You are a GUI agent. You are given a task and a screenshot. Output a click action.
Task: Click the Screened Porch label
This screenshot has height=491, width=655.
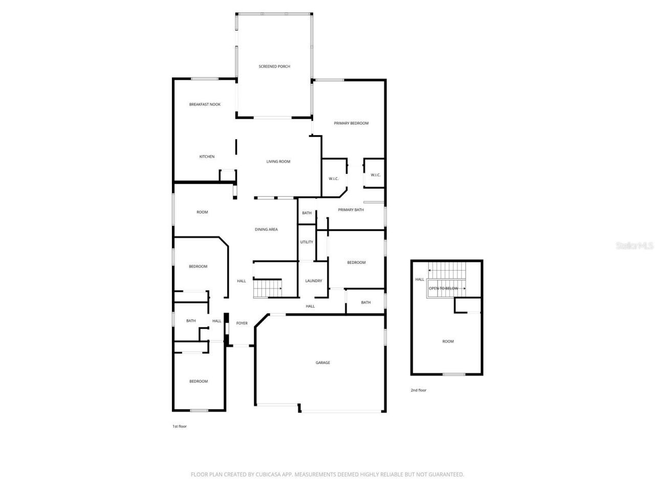[x=274, y=66]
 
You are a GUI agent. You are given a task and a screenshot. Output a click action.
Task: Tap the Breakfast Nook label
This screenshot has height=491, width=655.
[x=205, y=104]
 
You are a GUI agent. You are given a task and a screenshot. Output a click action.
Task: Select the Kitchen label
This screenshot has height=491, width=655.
[x=207, y=157]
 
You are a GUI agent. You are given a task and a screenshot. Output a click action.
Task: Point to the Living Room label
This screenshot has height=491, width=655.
[x=278, y=162]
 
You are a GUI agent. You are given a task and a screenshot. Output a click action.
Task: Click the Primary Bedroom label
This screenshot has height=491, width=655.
[x=351, y=123]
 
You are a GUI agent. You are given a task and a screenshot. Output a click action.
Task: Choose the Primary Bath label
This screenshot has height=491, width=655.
[x=351, y=210]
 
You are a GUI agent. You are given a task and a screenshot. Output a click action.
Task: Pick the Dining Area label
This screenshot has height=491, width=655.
[x=266, y=230]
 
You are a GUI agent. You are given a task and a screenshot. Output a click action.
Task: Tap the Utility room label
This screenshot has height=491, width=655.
[x=307, y=242]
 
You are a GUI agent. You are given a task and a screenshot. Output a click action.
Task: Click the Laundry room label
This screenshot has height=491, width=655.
[x=314, y=281]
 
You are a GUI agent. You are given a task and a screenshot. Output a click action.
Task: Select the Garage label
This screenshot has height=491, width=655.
[x=322, y=363]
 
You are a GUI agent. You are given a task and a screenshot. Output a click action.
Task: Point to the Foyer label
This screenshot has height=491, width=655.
[x=242, y=323]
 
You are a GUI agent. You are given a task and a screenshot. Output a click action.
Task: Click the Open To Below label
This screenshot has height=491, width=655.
[x=444, y=288]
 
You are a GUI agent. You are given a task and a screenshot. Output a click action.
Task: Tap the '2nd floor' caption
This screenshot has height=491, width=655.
[x=418, y=390]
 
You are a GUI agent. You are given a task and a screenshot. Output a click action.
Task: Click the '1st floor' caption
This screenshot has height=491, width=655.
[x=179, y=426]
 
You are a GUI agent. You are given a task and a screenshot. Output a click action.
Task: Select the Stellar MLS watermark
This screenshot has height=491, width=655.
[x=635, y=246]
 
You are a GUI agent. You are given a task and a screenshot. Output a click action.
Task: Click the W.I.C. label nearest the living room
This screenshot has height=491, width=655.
[x=334, y=178]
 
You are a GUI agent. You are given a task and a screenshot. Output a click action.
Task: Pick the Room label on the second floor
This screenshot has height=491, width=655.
[x=448, y=341]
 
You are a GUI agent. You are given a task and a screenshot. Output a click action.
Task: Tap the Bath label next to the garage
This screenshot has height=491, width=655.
[x=366, y=302]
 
